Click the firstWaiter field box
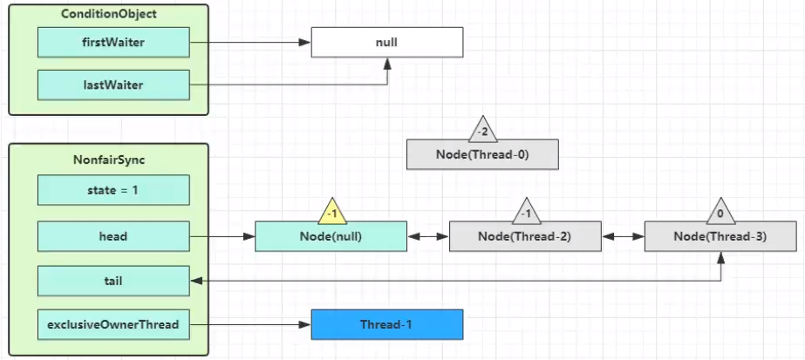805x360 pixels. [x=113, y=42]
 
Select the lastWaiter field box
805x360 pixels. [x=113, y=85]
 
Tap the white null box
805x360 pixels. [x=387, y=42]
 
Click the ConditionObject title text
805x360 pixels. [x=108, y=14]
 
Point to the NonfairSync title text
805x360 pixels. [x=109, y=160]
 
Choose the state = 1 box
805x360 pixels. [x=113, y=190]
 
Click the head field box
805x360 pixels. [x=113, y=236]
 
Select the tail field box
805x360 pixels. [x=113, y=281]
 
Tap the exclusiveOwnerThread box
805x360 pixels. [x=113, y=324]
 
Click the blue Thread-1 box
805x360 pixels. [x=387, y=324]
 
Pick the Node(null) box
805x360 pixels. [x=331, y=236]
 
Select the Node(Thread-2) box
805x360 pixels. [x=525, y=236]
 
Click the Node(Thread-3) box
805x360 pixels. [x=720, y=236]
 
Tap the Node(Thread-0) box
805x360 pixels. [x=482, y=154]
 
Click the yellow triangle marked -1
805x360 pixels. [x=331, y=214]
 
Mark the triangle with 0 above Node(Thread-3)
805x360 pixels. [x=720, y=214]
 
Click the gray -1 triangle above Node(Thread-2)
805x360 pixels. [x=526, y=214]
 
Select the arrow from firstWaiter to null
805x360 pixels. [x=250, y=43]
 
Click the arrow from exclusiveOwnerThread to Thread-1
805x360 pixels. [x=250, y=324]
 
